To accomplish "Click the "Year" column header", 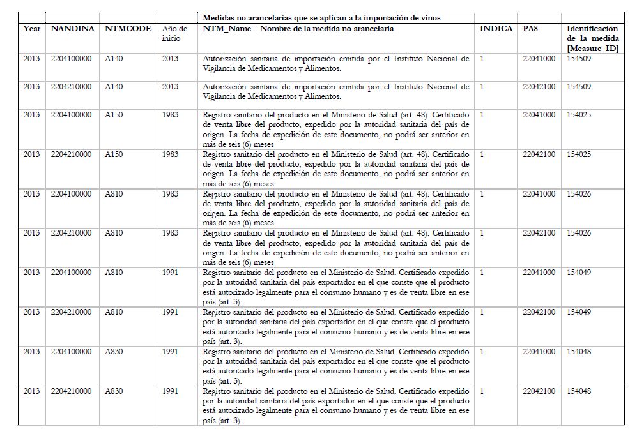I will (x=31, y=29).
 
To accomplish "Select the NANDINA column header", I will (x=73, y=29).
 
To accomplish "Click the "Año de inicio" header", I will (x=174, y=34).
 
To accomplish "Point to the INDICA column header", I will (x=496, y=29).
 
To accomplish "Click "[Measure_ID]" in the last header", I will (x=592, y=49).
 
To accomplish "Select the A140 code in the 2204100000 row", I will (x=114, y=59).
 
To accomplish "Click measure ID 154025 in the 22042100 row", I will (x=579, y=154).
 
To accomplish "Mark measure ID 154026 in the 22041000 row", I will (x=579, y=194).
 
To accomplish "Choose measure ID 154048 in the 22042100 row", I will (x=579, y=391).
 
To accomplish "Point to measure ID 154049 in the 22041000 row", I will (x=579, y=273).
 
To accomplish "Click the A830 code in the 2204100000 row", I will (x=114, y=352).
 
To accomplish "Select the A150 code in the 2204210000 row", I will (x=114, y=154).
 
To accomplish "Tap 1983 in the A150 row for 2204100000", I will (x=171, y=115).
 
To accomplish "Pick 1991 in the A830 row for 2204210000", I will (x=171, y=391).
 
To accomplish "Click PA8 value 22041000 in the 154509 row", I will (x=539, y=59).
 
